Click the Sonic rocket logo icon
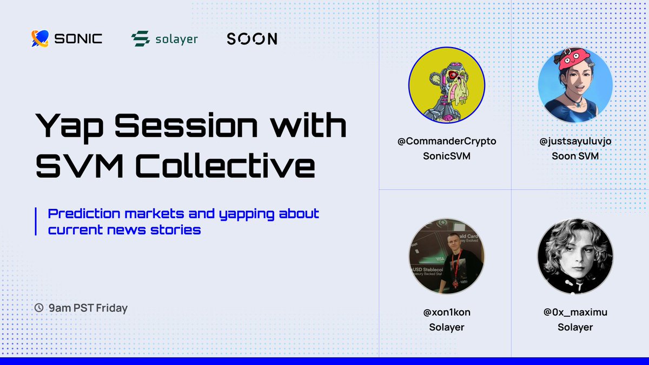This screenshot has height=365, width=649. pyautogui.click(x=41, y=38)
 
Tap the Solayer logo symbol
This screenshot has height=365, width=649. pyautogui.click(x=140, y=39)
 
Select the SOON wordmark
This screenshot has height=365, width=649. pyautogui.click(x=251, y=39)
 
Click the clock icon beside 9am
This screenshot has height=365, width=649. pyautogui.click(x=39, y=308)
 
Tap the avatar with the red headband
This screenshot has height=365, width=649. pyautogui.click(x=575, y=85)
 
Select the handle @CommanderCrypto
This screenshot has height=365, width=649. pyautogui.click(x=447, y=142)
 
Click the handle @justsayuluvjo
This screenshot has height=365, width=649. pyautogui.click(x=575, y=142)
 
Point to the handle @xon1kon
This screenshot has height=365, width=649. pyautogui.click(x=447, y=313)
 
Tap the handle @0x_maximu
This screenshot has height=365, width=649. pyautogui.click(x=575, y=313)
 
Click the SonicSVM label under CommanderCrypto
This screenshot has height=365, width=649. pyautogui.click(x=447, y=156)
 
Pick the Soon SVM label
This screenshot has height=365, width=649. pyautogui.click(x=575, y=156)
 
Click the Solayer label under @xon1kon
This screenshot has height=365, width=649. pyautogui.click(x=447, y=327)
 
